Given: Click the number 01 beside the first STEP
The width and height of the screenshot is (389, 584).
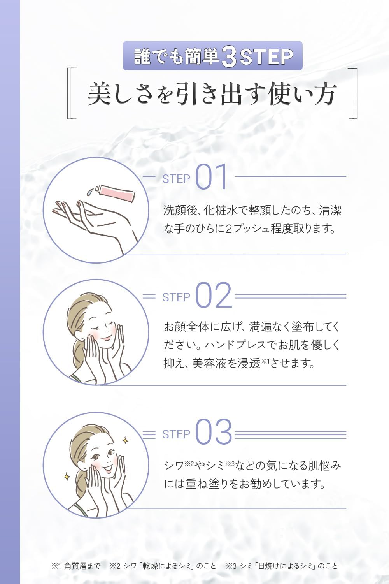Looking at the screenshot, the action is [211, 176].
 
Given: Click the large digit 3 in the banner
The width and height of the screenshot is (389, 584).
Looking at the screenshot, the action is [228, 57].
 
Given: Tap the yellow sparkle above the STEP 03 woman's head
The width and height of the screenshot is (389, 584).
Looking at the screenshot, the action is [126, 440].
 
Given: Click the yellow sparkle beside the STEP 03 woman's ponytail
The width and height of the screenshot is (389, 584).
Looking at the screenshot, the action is [67, 476].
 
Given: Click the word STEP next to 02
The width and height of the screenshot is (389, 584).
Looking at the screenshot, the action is [176, 297].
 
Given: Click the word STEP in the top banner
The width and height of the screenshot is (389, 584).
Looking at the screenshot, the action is [266, 57].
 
